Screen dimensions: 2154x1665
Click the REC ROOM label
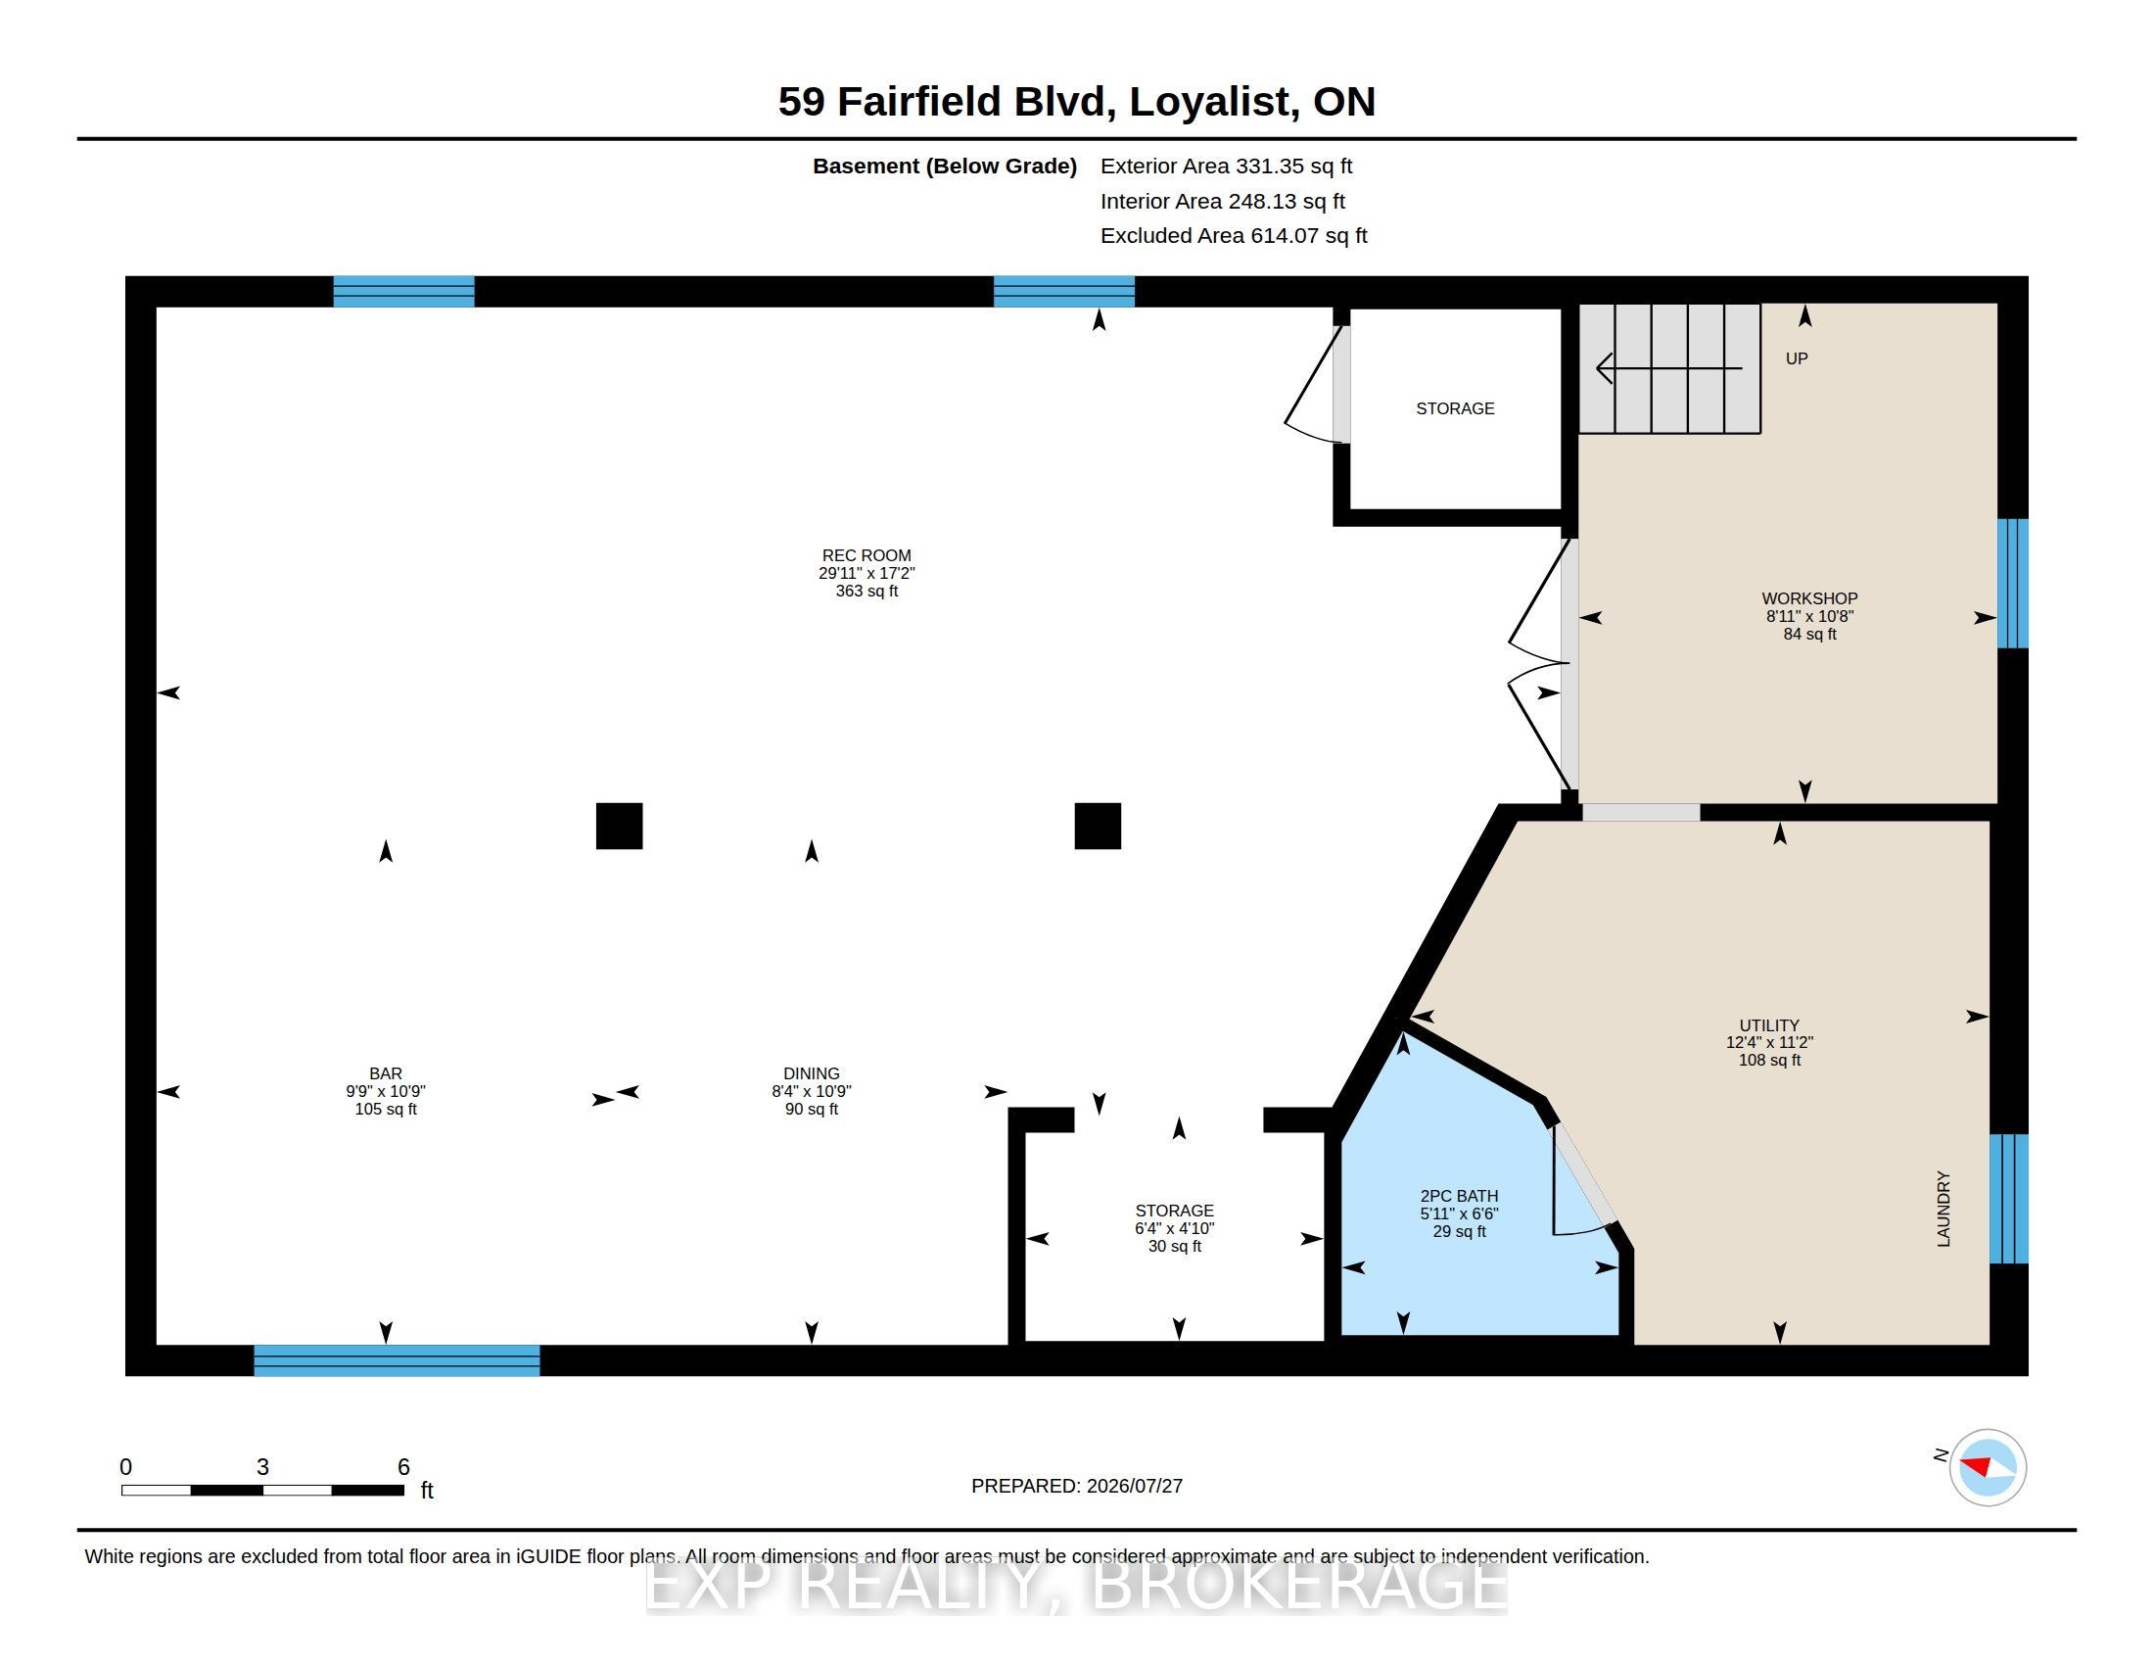click(866, 555)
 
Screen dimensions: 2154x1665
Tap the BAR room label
click(386, 1073)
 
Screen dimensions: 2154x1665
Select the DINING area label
click(812, 1073)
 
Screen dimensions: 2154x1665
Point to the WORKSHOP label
click(1809, 597)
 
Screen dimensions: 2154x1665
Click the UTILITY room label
click(1769, 1024)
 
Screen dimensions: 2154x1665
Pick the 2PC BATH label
click(1459, 1196)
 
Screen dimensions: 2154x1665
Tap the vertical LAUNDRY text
click(1943, 1209)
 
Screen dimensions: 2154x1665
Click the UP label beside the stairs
click(1797, 359)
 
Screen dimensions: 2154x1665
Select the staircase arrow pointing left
click(1668, 369)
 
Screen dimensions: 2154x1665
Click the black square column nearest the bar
click(620, 826)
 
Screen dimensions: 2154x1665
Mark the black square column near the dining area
click(1098, 826)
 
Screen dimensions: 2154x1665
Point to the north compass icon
click(1988, 1467)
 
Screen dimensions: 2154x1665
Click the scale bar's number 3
click(262, 1467)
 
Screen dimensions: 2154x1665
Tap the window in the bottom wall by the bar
click(397, 1360)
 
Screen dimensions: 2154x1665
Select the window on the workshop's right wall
click(2013, 583)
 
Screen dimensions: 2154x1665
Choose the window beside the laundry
click(2009, 1199)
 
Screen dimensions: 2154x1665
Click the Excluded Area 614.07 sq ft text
click(1234, 236)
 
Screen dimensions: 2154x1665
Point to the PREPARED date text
click(1077, 1486)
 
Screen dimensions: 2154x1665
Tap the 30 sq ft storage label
click(1175, 1246)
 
